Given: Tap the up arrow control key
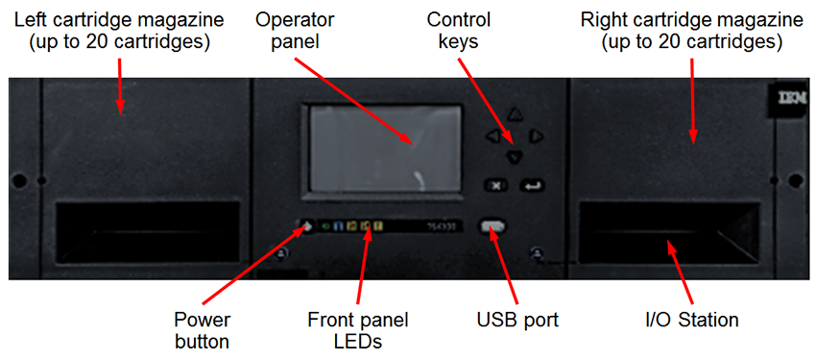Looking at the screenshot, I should tap(516, 115).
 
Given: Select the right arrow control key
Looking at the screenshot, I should tap(537, 136).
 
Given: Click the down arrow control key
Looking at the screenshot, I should tap(516, 156).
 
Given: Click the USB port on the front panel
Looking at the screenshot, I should tap(492, 227).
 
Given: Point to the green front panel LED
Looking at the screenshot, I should tap(326, 227).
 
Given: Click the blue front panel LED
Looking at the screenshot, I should tap(339, 227).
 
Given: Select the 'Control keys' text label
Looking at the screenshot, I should tap(457, 29).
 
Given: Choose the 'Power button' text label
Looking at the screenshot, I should tap(202, 328).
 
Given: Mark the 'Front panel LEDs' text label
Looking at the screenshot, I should tap(358, 328).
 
